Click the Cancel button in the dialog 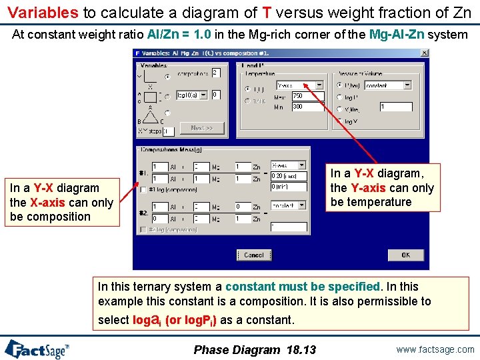click(253, 255)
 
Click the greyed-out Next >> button click(201, 127)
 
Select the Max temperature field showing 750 click(307, 97)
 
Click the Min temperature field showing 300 click(307, 107)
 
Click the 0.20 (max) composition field click(289, 176)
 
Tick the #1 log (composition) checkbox click(143, 190)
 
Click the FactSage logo click(37, 349)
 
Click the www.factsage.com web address click(434, 349)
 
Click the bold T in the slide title click(267, 12)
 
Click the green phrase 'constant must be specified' click(302, 287)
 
